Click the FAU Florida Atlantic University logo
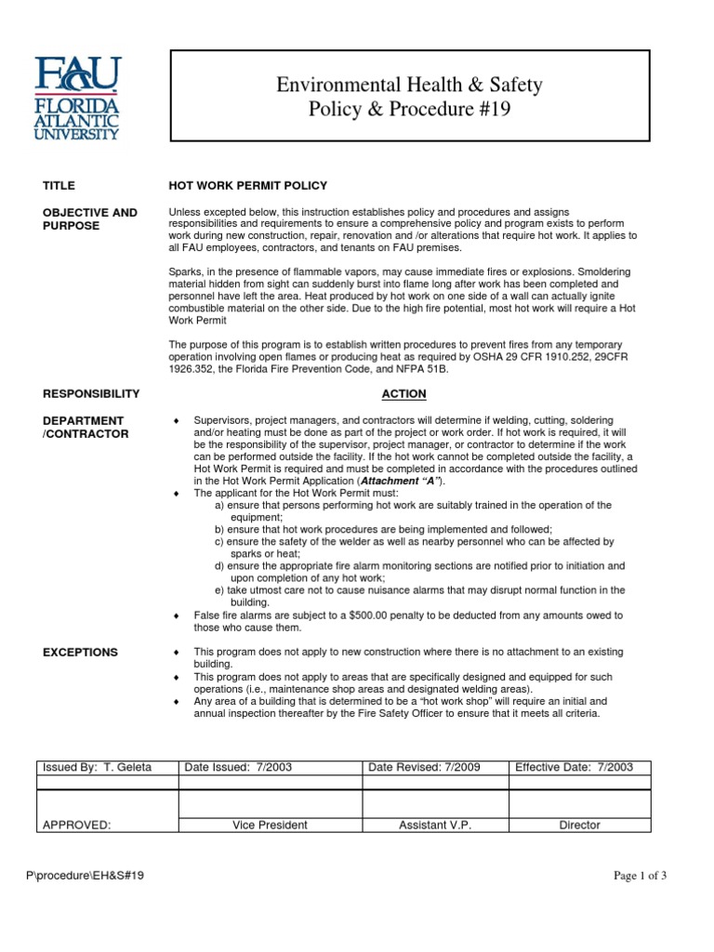click(78, 98)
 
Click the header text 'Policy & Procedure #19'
click(409, 111)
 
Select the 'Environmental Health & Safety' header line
click(409, 86)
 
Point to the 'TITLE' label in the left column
click(59, 186)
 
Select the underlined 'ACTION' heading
click(403, 394)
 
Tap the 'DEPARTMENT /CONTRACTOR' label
click(86, 428)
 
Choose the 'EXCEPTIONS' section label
click(80, 653)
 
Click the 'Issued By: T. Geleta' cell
click(97, 767)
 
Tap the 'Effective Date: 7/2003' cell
click(574, 767)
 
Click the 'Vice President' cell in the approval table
click(270, 825)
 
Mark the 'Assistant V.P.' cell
click(434, 825)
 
